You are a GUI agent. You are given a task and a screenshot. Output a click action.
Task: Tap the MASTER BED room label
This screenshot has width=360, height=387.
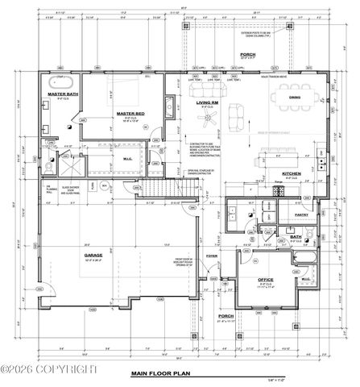tap(129, 113)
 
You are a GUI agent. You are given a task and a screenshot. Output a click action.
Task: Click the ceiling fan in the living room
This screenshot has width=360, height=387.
tap(189, 119)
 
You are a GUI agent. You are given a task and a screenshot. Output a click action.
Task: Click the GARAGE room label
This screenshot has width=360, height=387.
tap(94, 255)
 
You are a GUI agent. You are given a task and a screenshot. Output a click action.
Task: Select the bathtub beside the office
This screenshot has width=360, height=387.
tap(305, 260)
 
